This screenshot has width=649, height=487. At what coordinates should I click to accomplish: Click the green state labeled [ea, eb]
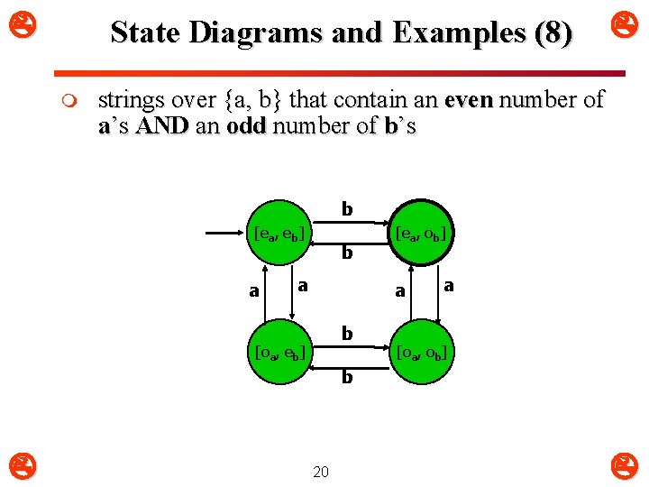[x=279, y=234]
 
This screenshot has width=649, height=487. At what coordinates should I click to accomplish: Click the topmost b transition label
[x=347, y=210]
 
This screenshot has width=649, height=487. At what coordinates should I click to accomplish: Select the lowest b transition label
[x=347, y=377]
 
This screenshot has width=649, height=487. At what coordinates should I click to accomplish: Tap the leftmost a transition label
[x=254, y=291]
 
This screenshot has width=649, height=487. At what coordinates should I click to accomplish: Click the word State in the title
[x=145, y=33]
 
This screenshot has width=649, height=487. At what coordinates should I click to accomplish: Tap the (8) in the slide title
[x=552, y=33]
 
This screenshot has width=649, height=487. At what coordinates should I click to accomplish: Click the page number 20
[x=321, y=471]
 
